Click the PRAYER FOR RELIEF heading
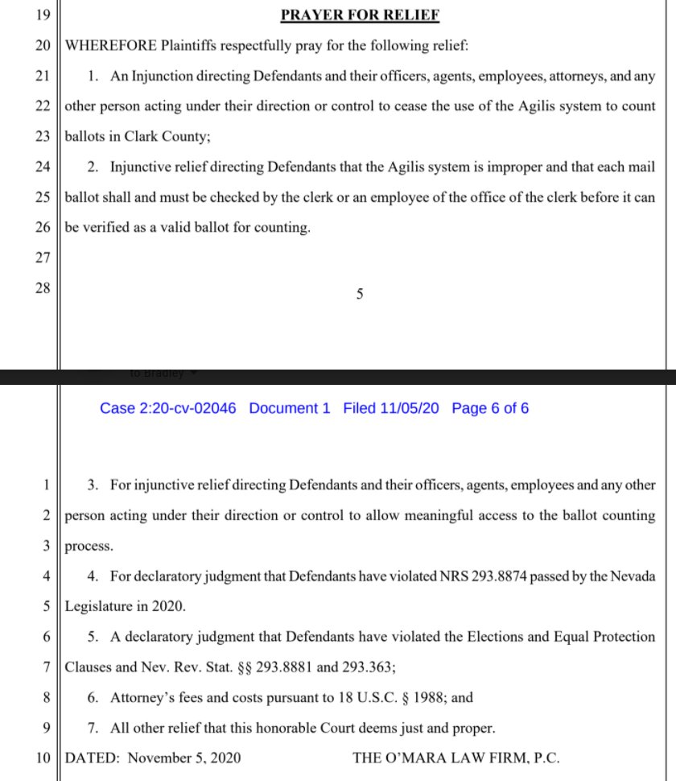[x=359, y=15]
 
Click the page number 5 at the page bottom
[x=360, y=295]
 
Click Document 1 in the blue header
[x=290, y=408]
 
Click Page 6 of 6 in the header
[x=490, y=408]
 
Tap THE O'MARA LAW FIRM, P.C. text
[x=455, y=758]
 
